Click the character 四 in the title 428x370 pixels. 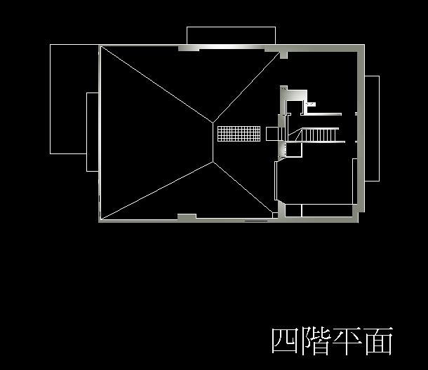[286, 341]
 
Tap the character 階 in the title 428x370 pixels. [316, 341]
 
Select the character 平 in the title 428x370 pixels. [347, 341]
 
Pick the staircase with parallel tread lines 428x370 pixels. [319, 134]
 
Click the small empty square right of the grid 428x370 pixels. [272, 133]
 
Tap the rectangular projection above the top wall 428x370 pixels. [231, 36]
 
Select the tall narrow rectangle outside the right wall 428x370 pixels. [373, 128]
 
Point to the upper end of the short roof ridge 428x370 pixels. [213, 123]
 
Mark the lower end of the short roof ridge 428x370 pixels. [213, 162]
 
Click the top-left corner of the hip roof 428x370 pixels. [101, 47]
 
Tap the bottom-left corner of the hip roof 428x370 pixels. [101, 219]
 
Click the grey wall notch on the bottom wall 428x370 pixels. [187, 217]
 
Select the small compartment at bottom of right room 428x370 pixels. [293, 210]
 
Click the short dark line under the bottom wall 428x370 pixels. [255, 222]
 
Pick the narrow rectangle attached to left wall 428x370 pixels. [93, 132]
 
